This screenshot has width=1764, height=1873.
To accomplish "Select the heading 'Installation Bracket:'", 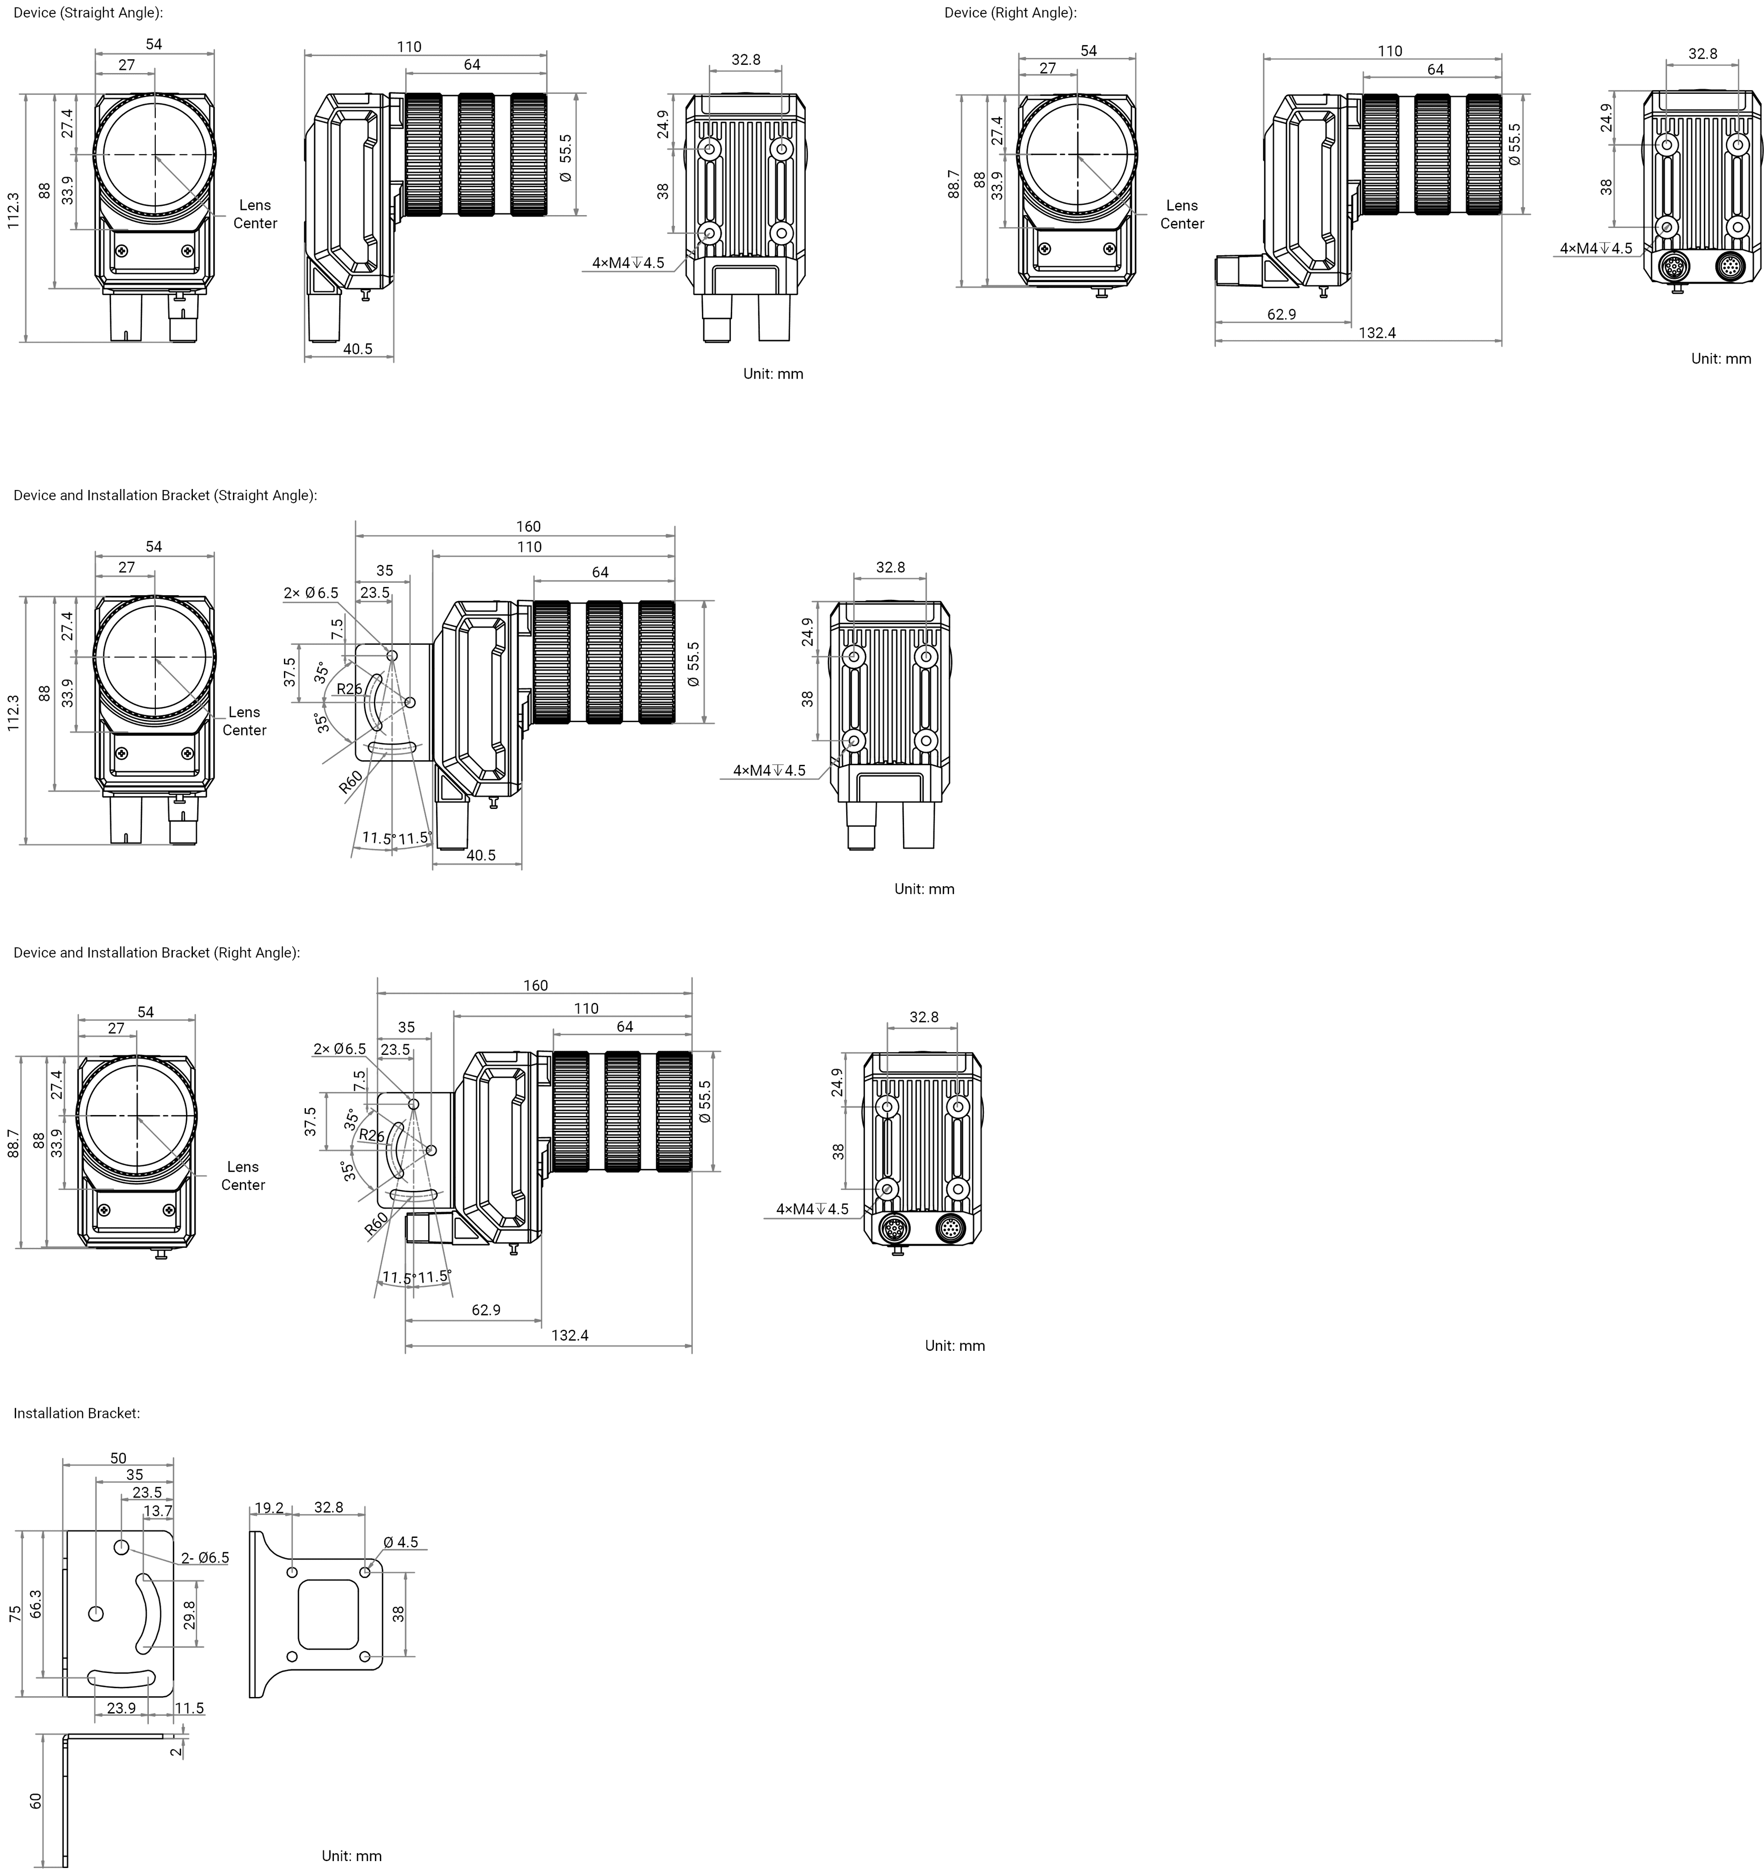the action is [76, 1413].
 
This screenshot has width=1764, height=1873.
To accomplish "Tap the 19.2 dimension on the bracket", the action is [268, 1508].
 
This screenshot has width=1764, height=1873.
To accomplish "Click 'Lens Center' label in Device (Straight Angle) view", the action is [255, 214].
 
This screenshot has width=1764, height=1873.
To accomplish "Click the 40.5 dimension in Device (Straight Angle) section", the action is [358, 348].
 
